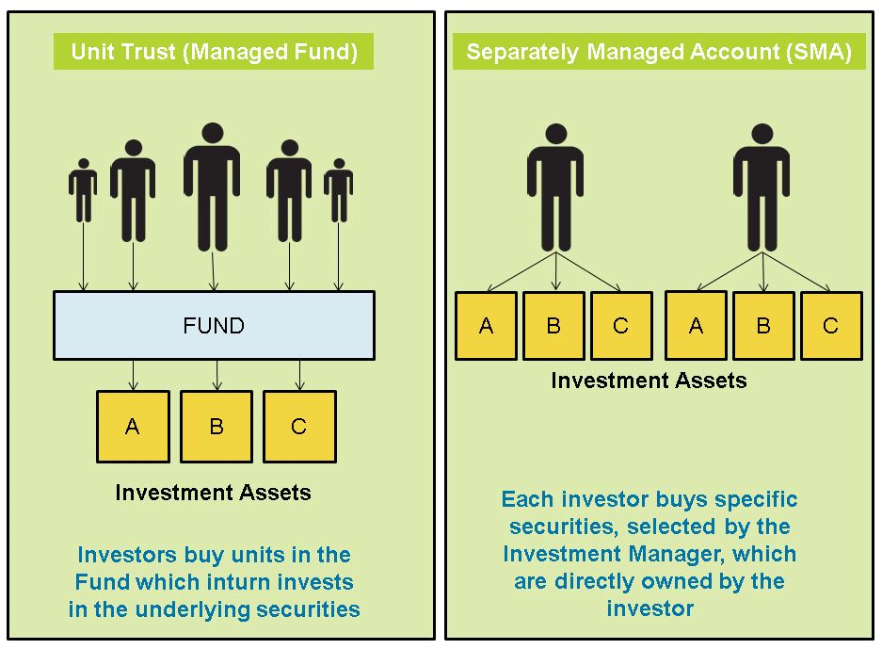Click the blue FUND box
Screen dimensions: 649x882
(214, 326)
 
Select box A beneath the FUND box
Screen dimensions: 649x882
(133, 427)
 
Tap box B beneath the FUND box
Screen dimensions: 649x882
(216, 427)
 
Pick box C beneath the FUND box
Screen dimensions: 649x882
(298, 427)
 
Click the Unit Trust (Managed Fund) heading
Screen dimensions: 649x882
(214, 52)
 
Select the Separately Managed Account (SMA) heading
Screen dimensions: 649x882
(658, 52)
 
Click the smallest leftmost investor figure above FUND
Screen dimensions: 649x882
(83, 193)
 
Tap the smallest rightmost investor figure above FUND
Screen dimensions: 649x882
(338, 193)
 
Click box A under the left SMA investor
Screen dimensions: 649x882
(486, 326)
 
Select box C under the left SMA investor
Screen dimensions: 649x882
(620, 326)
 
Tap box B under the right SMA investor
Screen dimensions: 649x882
(763, 326)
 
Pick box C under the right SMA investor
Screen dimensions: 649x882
(830, 326)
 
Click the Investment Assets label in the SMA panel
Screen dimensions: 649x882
(649, 381)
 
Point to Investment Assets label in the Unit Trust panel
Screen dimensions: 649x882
(213, 492)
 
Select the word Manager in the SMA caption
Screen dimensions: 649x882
(668, 553)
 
